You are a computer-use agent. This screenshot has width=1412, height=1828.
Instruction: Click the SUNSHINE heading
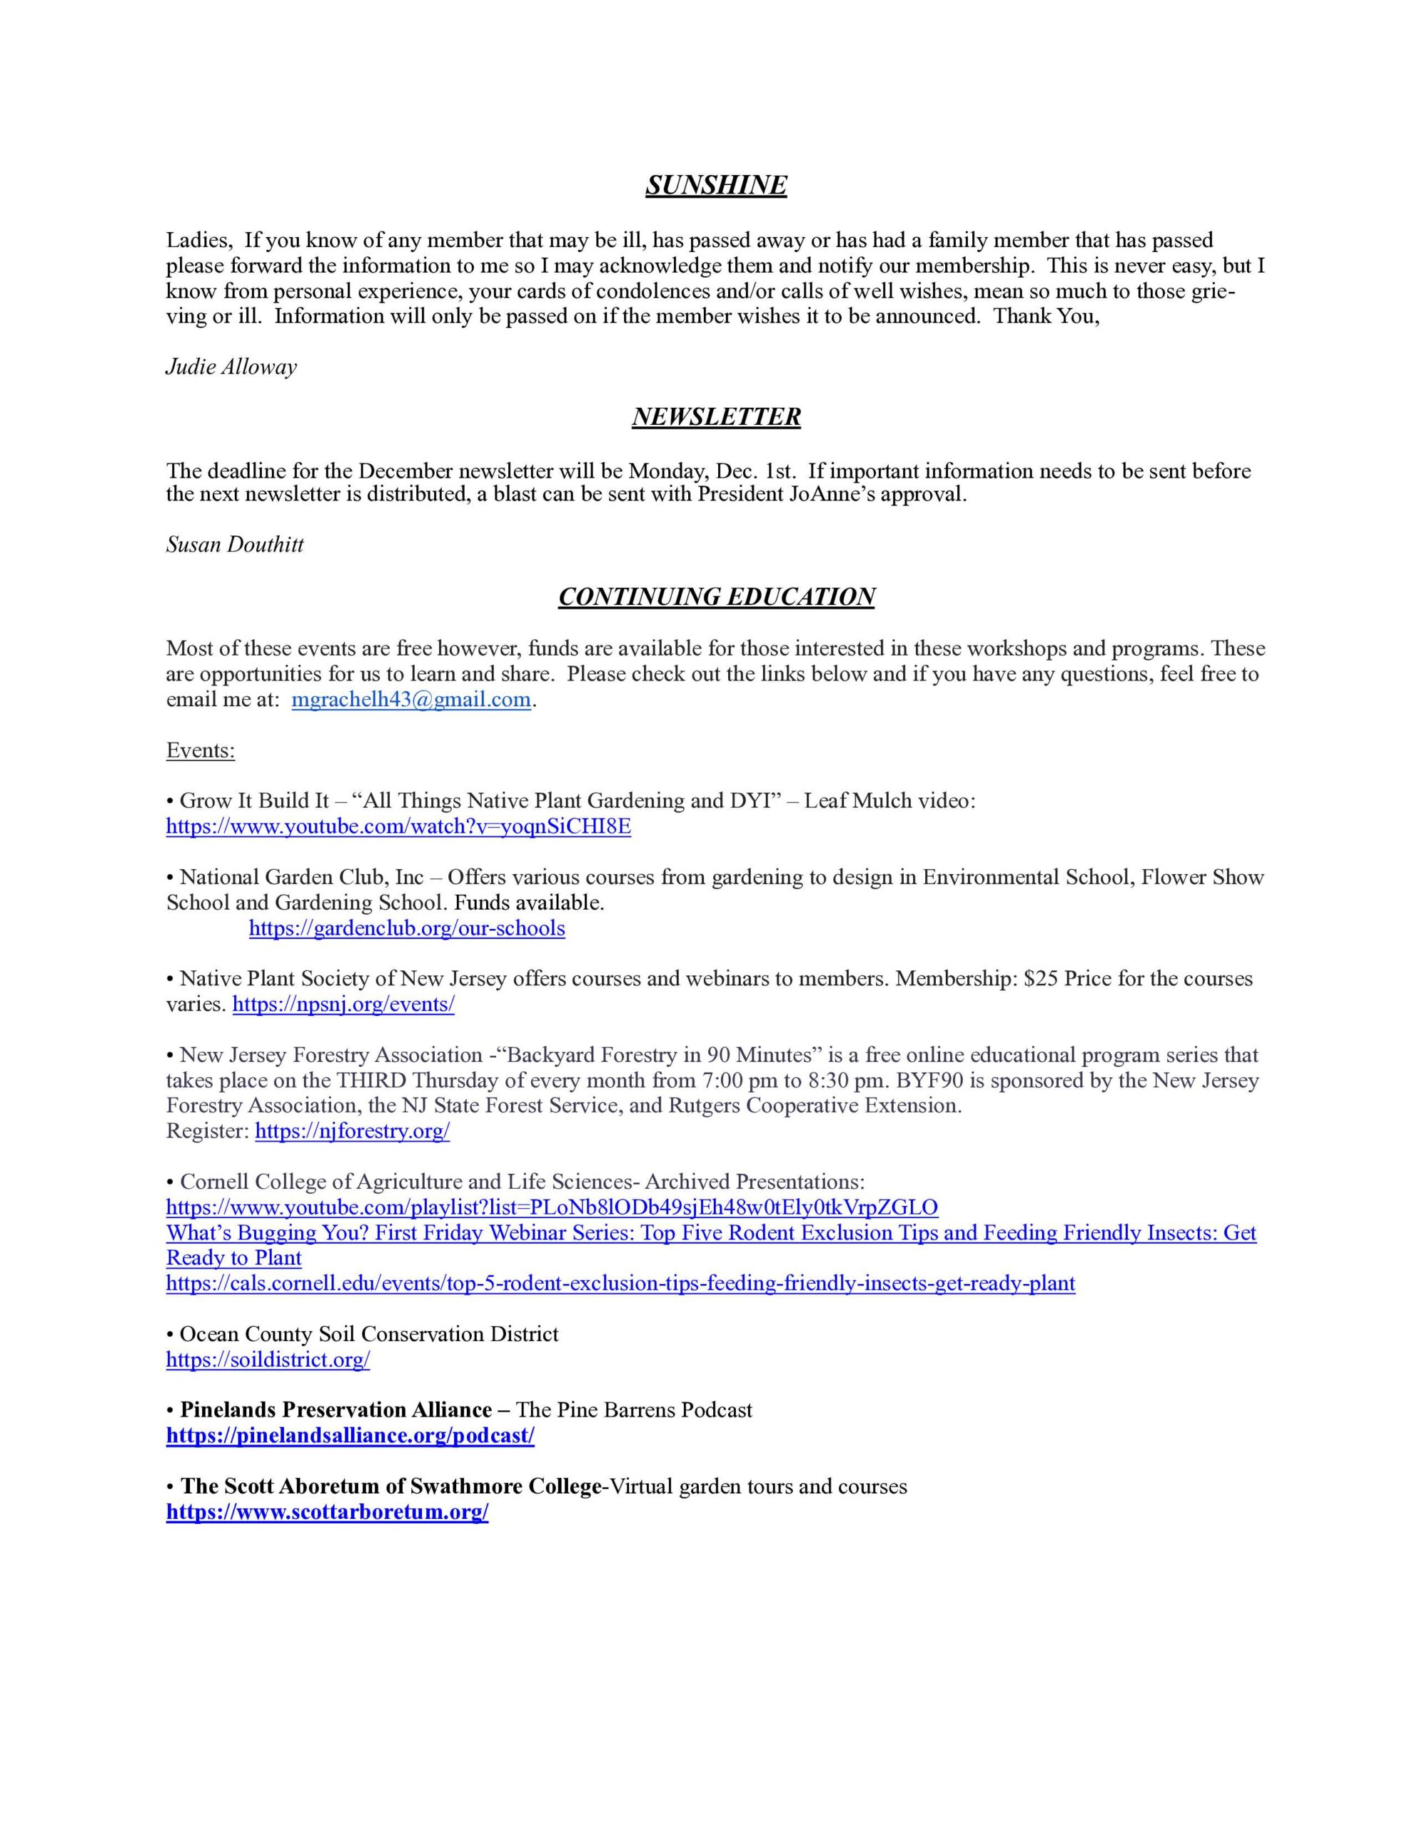coord(715,185)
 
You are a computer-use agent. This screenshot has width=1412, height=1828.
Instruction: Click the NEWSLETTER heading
coord(715,416)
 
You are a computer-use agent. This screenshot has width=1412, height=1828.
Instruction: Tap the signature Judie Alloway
coord(231,366)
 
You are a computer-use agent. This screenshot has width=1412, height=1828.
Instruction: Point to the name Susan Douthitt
coord(234,545)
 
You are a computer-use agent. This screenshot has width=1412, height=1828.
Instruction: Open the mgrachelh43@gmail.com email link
coord(411,700)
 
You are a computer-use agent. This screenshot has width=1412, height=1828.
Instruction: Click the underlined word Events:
coord(200,750)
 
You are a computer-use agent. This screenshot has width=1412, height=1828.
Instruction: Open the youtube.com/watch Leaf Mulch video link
coord(398,827)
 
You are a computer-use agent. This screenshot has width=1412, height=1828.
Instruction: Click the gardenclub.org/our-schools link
coord(407,928)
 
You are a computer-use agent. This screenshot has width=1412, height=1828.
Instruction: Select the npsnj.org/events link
coord(343,1005)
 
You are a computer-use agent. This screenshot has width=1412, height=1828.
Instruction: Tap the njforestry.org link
coord(353,1132)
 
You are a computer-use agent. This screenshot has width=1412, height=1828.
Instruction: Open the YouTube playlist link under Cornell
coord(552,1207)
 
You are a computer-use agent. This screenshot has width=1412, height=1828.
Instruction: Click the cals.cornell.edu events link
coord(620,1283)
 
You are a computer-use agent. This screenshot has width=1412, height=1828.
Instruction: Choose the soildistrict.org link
coord(268,1360)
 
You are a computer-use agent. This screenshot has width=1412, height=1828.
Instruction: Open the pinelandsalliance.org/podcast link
coord(350,1435)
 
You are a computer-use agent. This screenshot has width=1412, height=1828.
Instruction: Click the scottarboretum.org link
coord(327,1512)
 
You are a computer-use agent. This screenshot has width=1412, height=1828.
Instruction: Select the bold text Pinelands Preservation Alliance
coord(336,1410)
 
